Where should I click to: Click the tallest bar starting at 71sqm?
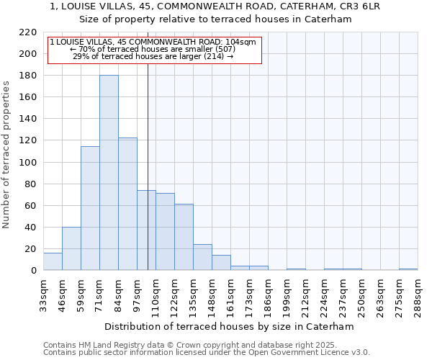click(x=109, y=173)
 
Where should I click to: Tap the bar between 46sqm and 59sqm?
click(x=71, y=248)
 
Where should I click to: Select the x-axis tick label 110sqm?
click(x=156, y=294)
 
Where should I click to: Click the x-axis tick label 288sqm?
click(x=418, y=294)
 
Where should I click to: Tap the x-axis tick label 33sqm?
click(x=44, y=294)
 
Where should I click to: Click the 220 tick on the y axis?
click(x=28, y=32)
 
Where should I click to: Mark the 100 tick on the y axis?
click(x=28, y=162)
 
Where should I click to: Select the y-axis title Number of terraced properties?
click(x=7, y=154)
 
